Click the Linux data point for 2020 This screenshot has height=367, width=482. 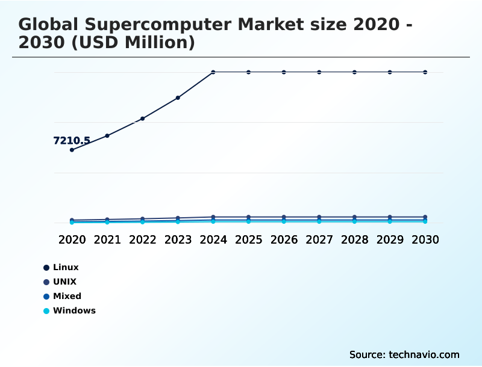[x=72, y=150]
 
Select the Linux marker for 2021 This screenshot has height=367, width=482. [x=107, y=136]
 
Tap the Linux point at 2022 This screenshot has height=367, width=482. [x=143, y=119]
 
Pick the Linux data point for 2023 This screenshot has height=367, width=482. [x=178, y=97]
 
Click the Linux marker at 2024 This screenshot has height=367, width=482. [x=213, y=72]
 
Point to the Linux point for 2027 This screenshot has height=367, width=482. [x=319, y=72]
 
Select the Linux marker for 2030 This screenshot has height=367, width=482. [x=425, y=72]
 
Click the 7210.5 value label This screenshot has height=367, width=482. [x=72, y=141]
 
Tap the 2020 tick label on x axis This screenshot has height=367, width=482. [x=72, y=239]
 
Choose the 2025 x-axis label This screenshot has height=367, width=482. [x=248, y=239]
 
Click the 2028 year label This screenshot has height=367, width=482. [x=354, y=239]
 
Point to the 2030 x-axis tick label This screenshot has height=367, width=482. [x=425, y=239]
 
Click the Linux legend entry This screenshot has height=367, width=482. [x=66, y=267]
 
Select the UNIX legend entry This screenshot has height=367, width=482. [x=64, y=282]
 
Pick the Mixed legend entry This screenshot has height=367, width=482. [x=67, y=296]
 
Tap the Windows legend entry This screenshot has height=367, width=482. [x=74, y=310]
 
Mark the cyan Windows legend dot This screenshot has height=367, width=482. [x=46, y=311]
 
